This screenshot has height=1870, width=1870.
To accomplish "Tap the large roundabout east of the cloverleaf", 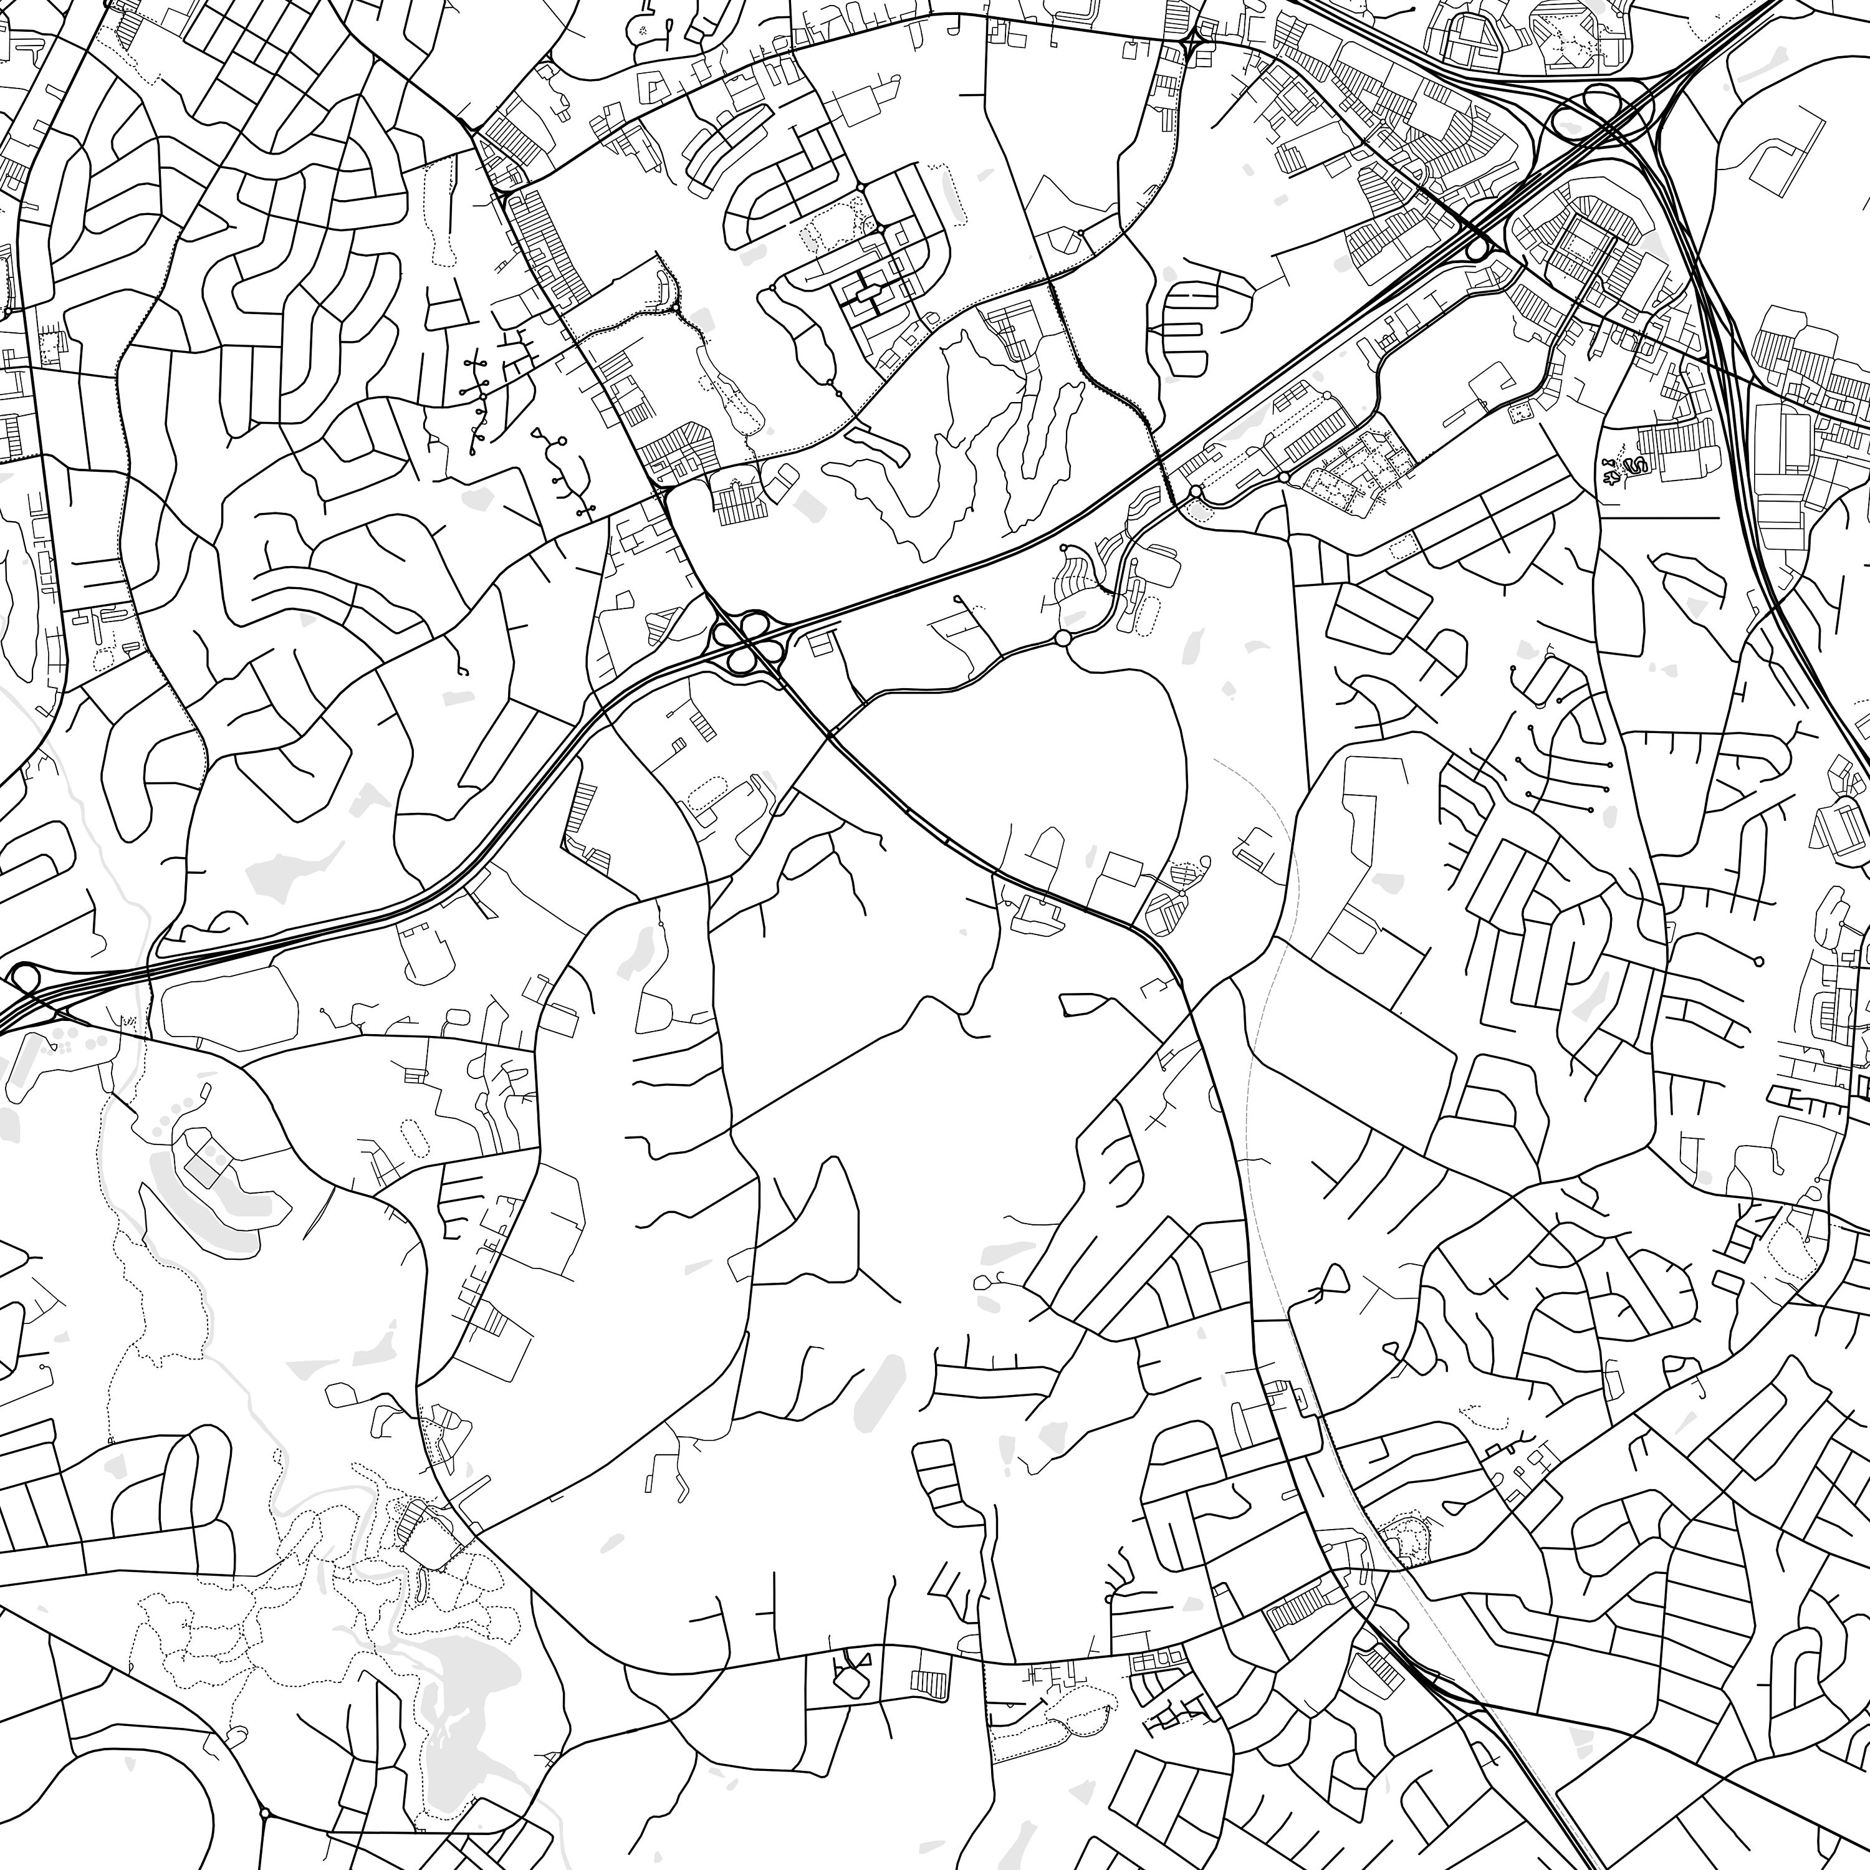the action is click(1063, 638).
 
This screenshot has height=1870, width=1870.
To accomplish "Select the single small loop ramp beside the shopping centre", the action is click(1476, 251).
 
